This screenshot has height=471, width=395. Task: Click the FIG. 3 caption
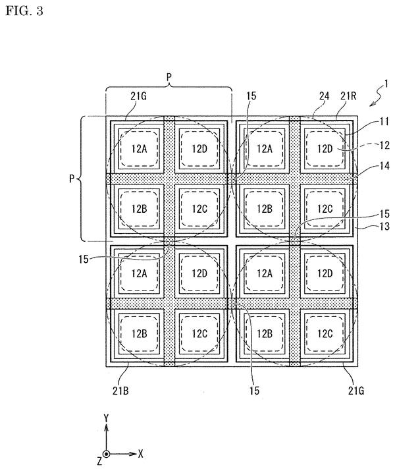click(24, 11)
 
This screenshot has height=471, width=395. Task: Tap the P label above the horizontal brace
click(169, 77)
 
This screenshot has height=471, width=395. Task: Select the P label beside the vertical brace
click(72, 179)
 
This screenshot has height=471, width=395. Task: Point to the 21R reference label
click(348, 96)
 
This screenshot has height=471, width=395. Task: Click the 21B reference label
click(120, 391)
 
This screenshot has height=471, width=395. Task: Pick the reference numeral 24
click(324, 96)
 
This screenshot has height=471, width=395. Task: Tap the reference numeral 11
click(384, 122)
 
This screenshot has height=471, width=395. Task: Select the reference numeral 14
click(384, 166)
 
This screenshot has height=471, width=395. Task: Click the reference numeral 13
click(384, 226)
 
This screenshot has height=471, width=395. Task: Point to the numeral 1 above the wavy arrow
click(386, 84)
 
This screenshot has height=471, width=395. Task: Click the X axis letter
click(140, 454)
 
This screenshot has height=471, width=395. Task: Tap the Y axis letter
click(106, 418)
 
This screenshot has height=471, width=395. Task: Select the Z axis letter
click(99, 460)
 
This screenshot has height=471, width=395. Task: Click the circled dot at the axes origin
click(106, 454)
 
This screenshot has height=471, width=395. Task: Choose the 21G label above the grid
click(138, 96)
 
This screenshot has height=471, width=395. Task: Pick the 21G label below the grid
click(356, 391)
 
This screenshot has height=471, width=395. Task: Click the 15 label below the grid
click(254, 391)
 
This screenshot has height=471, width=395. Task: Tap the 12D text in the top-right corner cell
click(325, 148)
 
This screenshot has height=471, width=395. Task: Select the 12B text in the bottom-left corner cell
click(140, 333)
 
